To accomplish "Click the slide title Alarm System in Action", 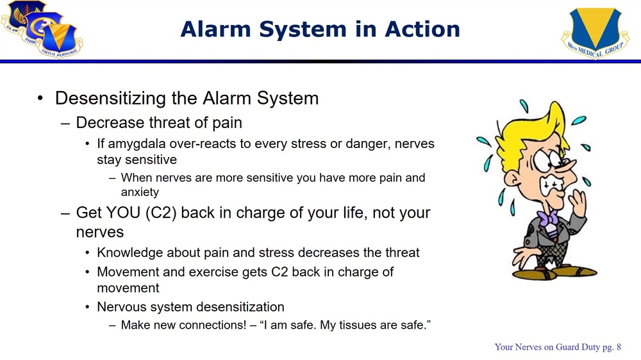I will click(x=320, y=29).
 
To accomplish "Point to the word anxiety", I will click(x=140, y=192).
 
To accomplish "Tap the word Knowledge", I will click(x=131, y=252).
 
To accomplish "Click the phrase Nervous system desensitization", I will click(x=190, y=307).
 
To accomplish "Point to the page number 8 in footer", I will click(x=618, y=347).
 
